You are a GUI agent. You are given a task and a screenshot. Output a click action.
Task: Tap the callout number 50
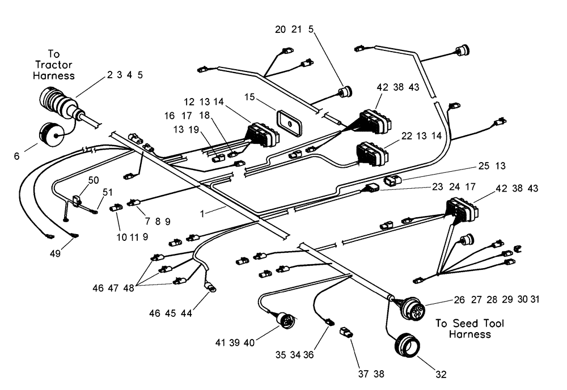(93, 180)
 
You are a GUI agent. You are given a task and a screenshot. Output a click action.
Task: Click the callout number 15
(248, 97)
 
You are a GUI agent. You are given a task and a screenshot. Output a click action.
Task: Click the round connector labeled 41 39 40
(285, 321)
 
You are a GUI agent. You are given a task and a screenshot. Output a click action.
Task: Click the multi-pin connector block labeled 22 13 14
(371, 155)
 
